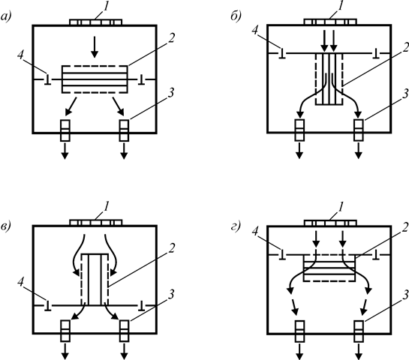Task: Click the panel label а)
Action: (6, 17)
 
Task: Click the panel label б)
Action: (236, 16)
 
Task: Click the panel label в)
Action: (6, 226)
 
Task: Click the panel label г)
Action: (236, 226)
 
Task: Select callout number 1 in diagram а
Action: (106, 7)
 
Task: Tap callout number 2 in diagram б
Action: (405, 47)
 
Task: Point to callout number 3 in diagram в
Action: (170, 295)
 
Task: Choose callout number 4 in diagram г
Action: (255, 232)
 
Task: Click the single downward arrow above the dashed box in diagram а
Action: (95, 47)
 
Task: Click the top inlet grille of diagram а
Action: (96, 22)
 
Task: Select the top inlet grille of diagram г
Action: (330, 223)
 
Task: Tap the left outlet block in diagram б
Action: (299, 130)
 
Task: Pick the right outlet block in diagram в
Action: (124, 331)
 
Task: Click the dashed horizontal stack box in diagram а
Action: (95, 79)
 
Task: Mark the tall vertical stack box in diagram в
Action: (95, 279)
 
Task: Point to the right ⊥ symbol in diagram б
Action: (376, 53)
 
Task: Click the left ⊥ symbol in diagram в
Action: (47, 306)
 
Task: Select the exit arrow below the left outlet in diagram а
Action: (65, 151)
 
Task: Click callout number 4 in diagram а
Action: (20, 55)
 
